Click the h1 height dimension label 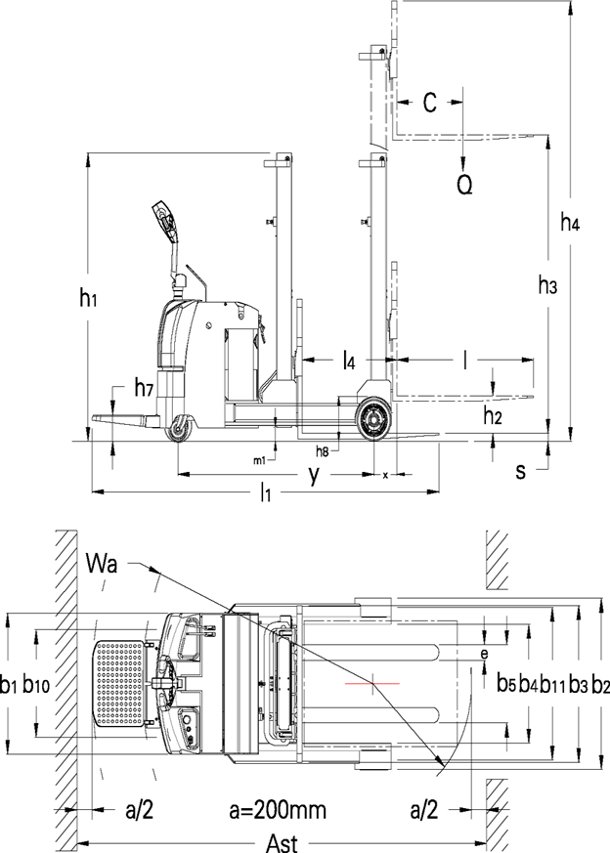tap(88, 299)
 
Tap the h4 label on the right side tap(570, 223)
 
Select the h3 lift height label tap(547, 284)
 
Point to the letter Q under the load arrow tap(464, 185)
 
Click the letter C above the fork tap(430, 102)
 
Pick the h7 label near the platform tap(143, 389)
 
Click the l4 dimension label tap(349, 361)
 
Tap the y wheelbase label tap(314, 474)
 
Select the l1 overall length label tap(265, 492)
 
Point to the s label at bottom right tap(521, 472)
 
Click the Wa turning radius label tap(102, 564)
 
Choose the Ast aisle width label tap(282, 843)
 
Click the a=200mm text tap(278, 811)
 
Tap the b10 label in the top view tap(36, 685)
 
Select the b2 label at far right tap(600, 685)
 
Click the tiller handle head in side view tap(165, 221)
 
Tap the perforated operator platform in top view tap(120, 683)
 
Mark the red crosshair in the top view tap(372, 683)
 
